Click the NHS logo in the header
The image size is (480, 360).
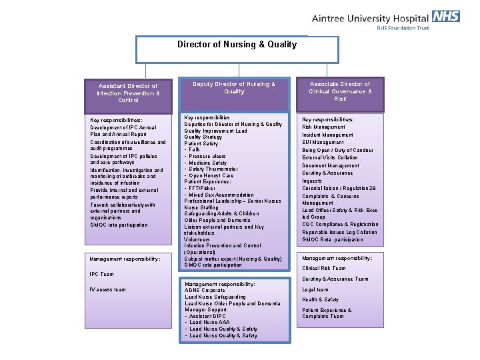coord(445,16)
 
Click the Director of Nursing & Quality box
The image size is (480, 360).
coord(237,45)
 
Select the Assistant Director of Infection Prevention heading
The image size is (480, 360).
coord(127,93)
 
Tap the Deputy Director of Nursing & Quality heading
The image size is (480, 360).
coord(234,88)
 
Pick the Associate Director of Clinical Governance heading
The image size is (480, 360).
coord(340,91)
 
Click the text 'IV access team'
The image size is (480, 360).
coord(107,289)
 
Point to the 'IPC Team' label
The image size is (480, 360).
coord(101,274)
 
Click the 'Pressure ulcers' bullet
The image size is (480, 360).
coord(207,156)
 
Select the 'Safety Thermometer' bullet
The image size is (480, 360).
coord(213,169)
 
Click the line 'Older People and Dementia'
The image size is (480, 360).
coord(217,220)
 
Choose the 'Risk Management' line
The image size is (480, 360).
coord(324,127)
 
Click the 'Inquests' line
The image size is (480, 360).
coord(312,181)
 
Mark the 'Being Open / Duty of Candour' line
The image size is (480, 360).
coord(337,151)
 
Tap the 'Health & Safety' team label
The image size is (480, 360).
coord(320,300)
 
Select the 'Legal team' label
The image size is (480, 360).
coord(315,289)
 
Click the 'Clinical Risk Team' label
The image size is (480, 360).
coord(324,269)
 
